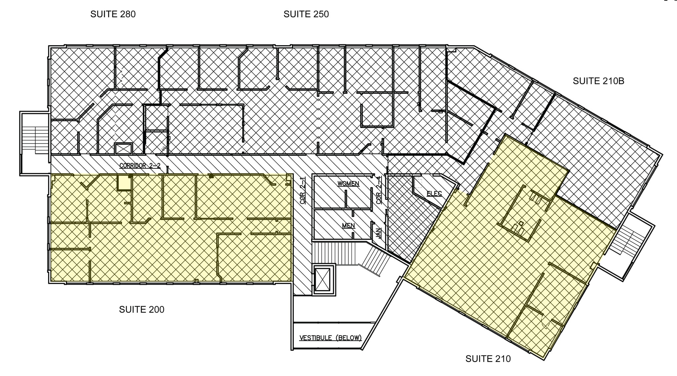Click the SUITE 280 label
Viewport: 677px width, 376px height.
pos(113,14)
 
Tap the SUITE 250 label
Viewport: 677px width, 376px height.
pos(306,14)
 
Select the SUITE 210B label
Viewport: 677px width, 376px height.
pos(598,81)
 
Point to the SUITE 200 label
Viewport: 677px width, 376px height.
pos(141,310)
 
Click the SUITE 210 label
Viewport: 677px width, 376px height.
pos(488,358)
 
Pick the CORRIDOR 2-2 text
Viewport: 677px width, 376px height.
pos(140,166)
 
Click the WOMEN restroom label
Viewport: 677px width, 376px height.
pos(348,184)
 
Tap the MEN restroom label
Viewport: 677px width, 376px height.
pos(348,226)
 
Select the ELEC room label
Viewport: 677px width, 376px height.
pos(434,194)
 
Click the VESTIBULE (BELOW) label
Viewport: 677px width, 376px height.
pos(330,338)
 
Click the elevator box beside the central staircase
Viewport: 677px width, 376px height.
pos(322,279)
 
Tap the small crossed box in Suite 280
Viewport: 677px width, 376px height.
pos(123,149)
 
